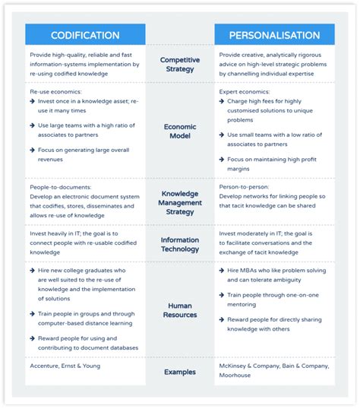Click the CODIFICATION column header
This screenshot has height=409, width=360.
[85, 35]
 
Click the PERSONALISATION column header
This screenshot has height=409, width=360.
[273, 35]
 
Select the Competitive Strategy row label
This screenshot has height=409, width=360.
[180, 65]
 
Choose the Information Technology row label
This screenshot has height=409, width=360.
[180, 243]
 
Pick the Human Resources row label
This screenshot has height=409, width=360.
[180, 310]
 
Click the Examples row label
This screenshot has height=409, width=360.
[180, 372]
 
